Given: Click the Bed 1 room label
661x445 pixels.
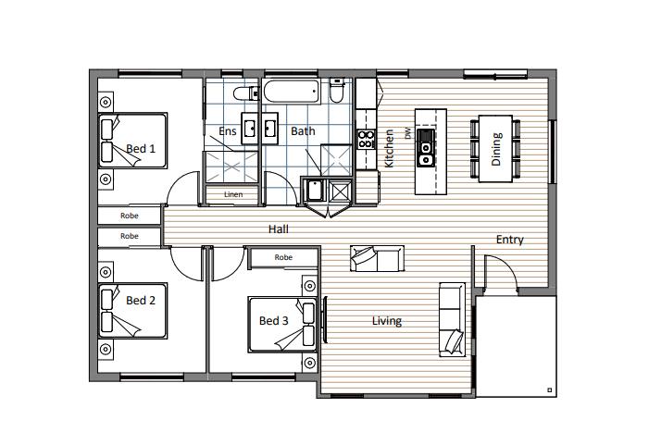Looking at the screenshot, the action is pyautogui.click(x=141, y=148).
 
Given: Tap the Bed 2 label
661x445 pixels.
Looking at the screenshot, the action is pyautogui.click(x=141, y=300).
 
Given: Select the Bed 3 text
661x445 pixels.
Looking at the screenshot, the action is pyautogui.click(x=274, y=321).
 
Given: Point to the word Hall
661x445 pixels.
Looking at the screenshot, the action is pyautogui.click(x=279, y=229).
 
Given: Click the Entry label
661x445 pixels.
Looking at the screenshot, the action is pyautogui.click(x=510, y=240).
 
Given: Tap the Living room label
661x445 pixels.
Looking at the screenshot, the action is pyautogui.click(x=387, y=321).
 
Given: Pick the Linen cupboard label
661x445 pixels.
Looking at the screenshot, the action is pyautogui.click(x=233, y=194).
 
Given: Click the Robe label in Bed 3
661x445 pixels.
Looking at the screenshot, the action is pyautogui.click(x=283, y=257).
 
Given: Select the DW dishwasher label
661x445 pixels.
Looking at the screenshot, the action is pyautogui.click(x=407, y=133).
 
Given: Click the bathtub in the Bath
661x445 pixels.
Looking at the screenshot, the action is pyautogui.click(x=291, y=91).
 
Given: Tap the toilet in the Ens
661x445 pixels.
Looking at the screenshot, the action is pyautogui.click(x=246, y=93).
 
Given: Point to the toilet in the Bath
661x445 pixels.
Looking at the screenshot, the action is pyautogui.click(x=337, y=91).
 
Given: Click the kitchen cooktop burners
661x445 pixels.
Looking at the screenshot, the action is pyautogui.click(x=366, y=140).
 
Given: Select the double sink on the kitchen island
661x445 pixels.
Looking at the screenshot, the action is pyautogui.click(x=425, y=148).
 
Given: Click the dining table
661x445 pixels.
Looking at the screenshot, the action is pyautogui.click(x=495, y=148).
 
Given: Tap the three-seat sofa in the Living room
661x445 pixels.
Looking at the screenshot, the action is pyautogui.click(x=453, y=319).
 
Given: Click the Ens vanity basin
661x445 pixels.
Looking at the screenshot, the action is pyautogui.click(x=250, y=128).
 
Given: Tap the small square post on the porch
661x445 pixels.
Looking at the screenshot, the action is pyautogui.click(x=549, y=390).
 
